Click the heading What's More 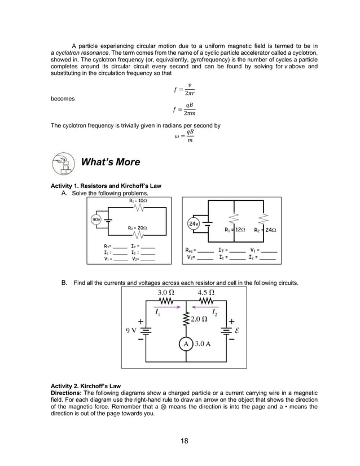pos(111,163)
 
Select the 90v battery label pos(97,219)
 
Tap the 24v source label pos(195,223)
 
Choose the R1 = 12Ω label pos(234,230)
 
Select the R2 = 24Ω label pos(265,230)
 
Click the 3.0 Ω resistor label pos(166,293)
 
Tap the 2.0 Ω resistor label pos(199,319)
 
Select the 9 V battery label pos(130,331)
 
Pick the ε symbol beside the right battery pos(236,331)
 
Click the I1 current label pos(157,311)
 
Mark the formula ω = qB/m pos(184,136)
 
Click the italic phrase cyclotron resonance pos(78,51)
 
